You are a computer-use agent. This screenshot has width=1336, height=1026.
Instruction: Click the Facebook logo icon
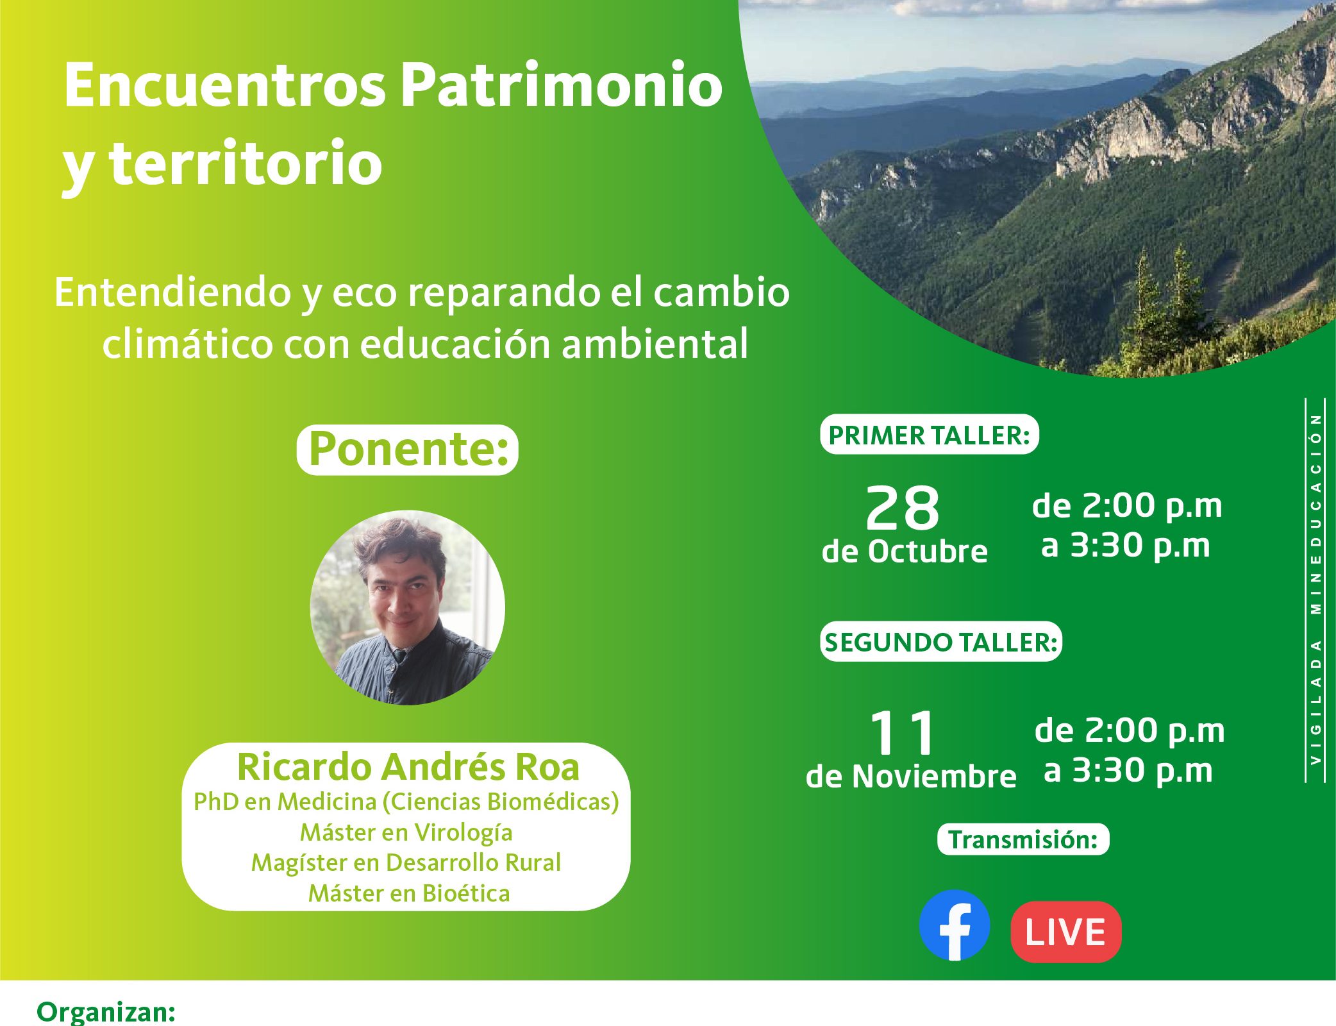[955, 925]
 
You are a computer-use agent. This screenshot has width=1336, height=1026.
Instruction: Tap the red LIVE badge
[1065, 932]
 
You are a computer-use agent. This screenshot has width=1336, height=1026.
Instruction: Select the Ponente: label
[408, 450]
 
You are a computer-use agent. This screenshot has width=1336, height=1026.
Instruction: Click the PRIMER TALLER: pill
[929, 435]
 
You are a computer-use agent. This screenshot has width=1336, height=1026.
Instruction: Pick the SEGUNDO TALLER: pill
[940, 641]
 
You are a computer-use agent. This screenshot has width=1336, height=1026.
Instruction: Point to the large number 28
[903, 508]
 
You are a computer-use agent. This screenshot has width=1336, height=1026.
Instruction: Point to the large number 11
[903, 732]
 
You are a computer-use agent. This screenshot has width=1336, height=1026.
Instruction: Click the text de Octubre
[905, 551]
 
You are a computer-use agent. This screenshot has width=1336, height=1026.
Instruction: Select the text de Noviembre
[911, 777]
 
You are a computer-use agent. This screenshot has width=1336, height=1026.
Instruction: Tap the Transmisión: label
[1023, 839]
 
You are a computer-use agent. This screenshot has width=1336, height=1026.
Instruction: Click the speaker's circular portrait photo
[408, 608]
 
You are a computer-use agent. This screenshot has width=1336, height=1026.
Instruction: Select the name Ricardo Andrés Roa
[408, 767]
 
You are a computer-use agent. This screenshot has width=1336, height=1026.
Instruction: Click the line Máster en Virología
[406, 832]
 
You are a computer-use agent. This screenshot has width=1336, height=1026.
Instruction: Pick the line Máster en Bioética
[409, 893]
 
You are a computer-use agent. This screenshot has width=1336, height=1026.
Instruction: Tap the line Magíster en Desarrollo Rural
[406, 862]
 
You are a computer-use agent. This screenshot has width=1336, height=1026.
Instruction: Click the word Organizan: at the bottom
[106, 1012]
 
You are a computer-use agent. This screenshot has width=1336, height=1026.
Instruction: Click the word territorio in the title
[246, 164]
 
